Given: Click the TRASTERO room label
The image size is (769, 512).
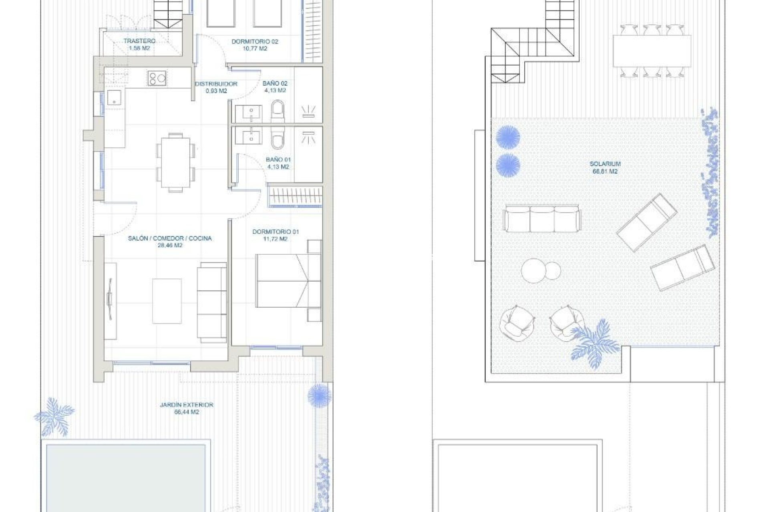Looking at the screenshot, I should (139, 41).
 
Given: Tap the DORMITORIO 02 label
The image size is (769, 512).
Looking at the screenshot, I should (255, 42).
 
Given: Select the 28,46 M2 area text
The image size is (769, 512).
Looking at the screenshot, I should (170, 246).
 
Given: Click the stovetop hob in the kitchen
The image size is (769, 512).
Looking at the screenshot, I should (157, 78).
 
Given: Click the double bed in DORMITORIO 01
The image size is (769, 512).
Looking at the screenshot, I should (288, 281).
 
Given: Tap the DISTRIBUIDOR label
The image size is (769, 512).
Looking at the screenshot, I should (216, 84).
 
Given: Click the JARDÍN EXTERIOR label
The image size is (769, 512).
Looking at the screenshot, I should (187, 405).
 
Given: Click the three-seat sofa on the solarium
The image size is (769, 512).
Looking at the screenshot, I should (542, 219).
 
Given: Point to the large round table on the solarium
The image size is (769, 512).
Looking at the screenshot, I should (533, 270).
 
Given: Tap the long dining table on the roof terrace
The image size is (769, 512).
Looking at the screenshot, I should (652, 51).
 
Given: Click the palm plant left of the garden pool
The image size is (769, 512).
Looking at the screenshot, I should (55, 416).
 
